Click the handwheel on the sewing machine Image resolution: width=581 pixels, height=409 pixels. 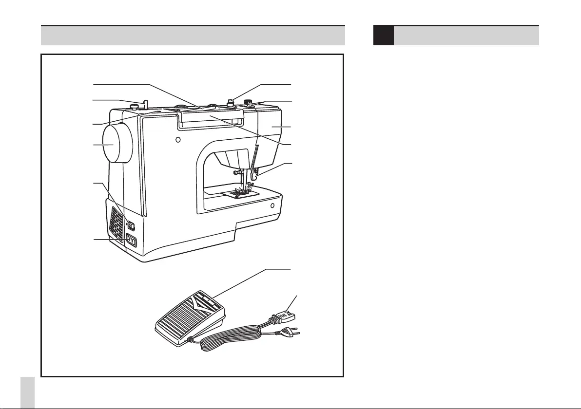coord(116,144)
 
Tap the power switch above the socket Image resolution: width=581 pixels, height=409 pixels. coord(131,225)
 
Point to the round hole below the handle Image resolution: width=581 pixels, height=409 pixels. coord(178,140)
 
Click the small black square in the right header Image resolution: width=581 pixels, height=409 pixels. coord(383,36)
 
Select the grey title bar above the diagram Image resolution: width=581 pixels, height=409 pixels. coord(193,36)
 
